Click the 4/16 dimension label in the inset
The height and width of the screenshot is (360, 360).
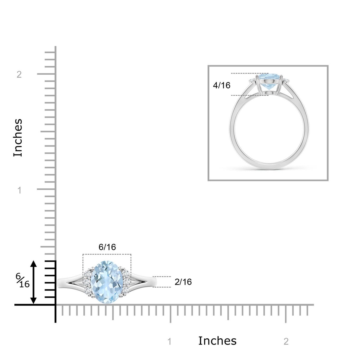(221, 85)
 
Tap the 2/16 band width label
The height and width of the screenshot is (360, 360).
(183, 282)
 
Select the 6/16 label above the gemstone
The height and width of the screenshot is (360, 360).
(107, 247)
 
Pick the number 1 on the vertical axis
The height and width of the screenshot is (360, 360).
(19, 190)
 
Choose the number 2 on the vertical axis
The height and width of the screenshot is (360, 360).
(19, 74)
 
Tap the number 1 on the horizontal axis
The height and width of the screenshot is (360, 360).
(169, 341)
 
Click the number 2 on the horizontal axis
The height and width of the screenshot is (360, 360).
(286, 341)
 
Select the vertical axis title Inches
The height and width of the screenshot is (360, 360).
(18, 138)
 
